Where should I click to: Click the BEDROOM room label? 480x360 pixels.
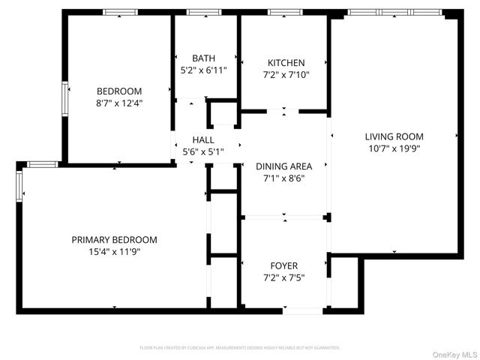pyautogui.click(x=118, y=91)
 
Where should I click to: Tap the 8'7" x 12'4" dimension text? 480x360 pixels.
pyautogui.click(x=118, y=103)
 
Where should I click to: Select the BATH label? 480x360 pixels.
pyautogui.click(x=203, y=58)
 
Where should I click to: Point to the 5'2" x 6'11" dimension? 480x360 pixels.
pyautogui.click(x=203, y=70)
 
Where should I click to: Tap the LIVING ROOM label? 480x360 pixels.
pyautogui.click(x=394, y=136)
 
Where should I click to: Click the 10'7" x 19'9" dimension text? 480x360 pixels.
pyautogui.click(x=394, y=148)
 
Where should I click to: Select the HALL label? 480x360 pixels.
pyautogui.click(x=203, y=139)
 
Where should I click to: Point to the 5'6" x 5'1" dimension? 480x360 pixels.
pyautogui.click(x=203, y=151)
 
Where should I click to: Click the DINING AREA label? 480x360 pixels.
pyautogui.click(x=284, y=166)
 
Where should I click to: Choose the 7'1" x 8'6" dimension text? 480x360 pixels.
pyautogui.click(x=284, y=178)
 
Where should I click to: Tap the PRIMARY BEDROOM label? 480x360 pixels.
pyautogui.click(x=114, y=240)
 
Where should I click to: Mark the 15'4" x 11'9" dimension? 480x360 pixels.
pyautogui.click(x=114, y=252)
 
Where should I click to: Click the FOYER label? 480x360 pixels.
pyautogui.click(x=284, y=265)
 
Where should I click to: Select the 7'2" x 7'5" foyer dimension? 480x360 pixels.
pyautogui.click(x=284, y=277)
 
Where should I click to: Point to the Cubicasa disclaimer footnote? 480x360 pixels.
pyautogui.click(x=240, y=348)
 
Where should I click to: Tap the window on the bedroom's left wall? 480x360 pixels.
pyautogui.click(x=64, y=96)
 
